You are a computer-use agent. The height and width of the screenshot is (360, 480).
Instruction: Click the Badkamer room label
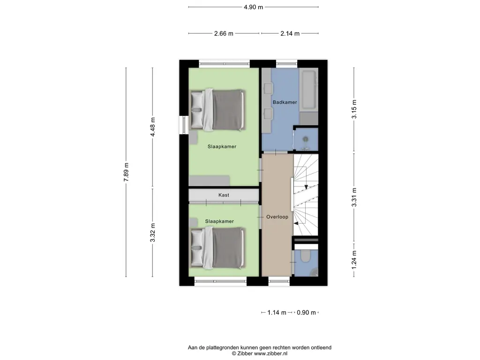click(285, 102)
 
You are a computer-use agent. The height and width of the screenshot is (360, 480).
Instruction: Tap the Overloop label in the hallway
click(277, 217)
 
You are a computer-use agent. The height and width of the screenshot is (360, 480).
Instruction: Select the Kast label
click(224, 195)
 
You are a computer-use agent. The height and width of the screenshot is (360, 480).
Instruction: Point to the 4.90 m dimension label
click(253, 7)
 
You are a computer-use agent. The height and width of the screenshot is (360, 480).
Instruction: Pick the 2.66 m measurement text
click(224, 33)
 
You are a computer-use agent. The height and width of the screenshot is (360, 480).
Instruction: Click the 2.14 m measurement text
click(290, 33)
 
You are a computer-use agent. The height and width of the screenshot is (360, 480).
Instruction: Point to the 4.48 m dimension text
click(152, 126)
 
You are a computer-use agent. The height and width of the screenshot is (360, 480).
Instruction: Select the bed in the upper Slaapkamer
click(218, 111)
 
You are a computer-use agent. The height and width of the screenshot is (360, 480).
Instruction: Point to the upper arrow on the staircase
click(306, 185)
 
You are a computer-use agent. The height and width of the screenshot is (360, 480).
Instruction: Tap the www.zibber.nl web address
click(271, 353)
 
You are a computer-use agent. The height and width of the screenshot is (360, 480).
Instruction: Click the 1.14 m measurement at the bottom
click(277, 313)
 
